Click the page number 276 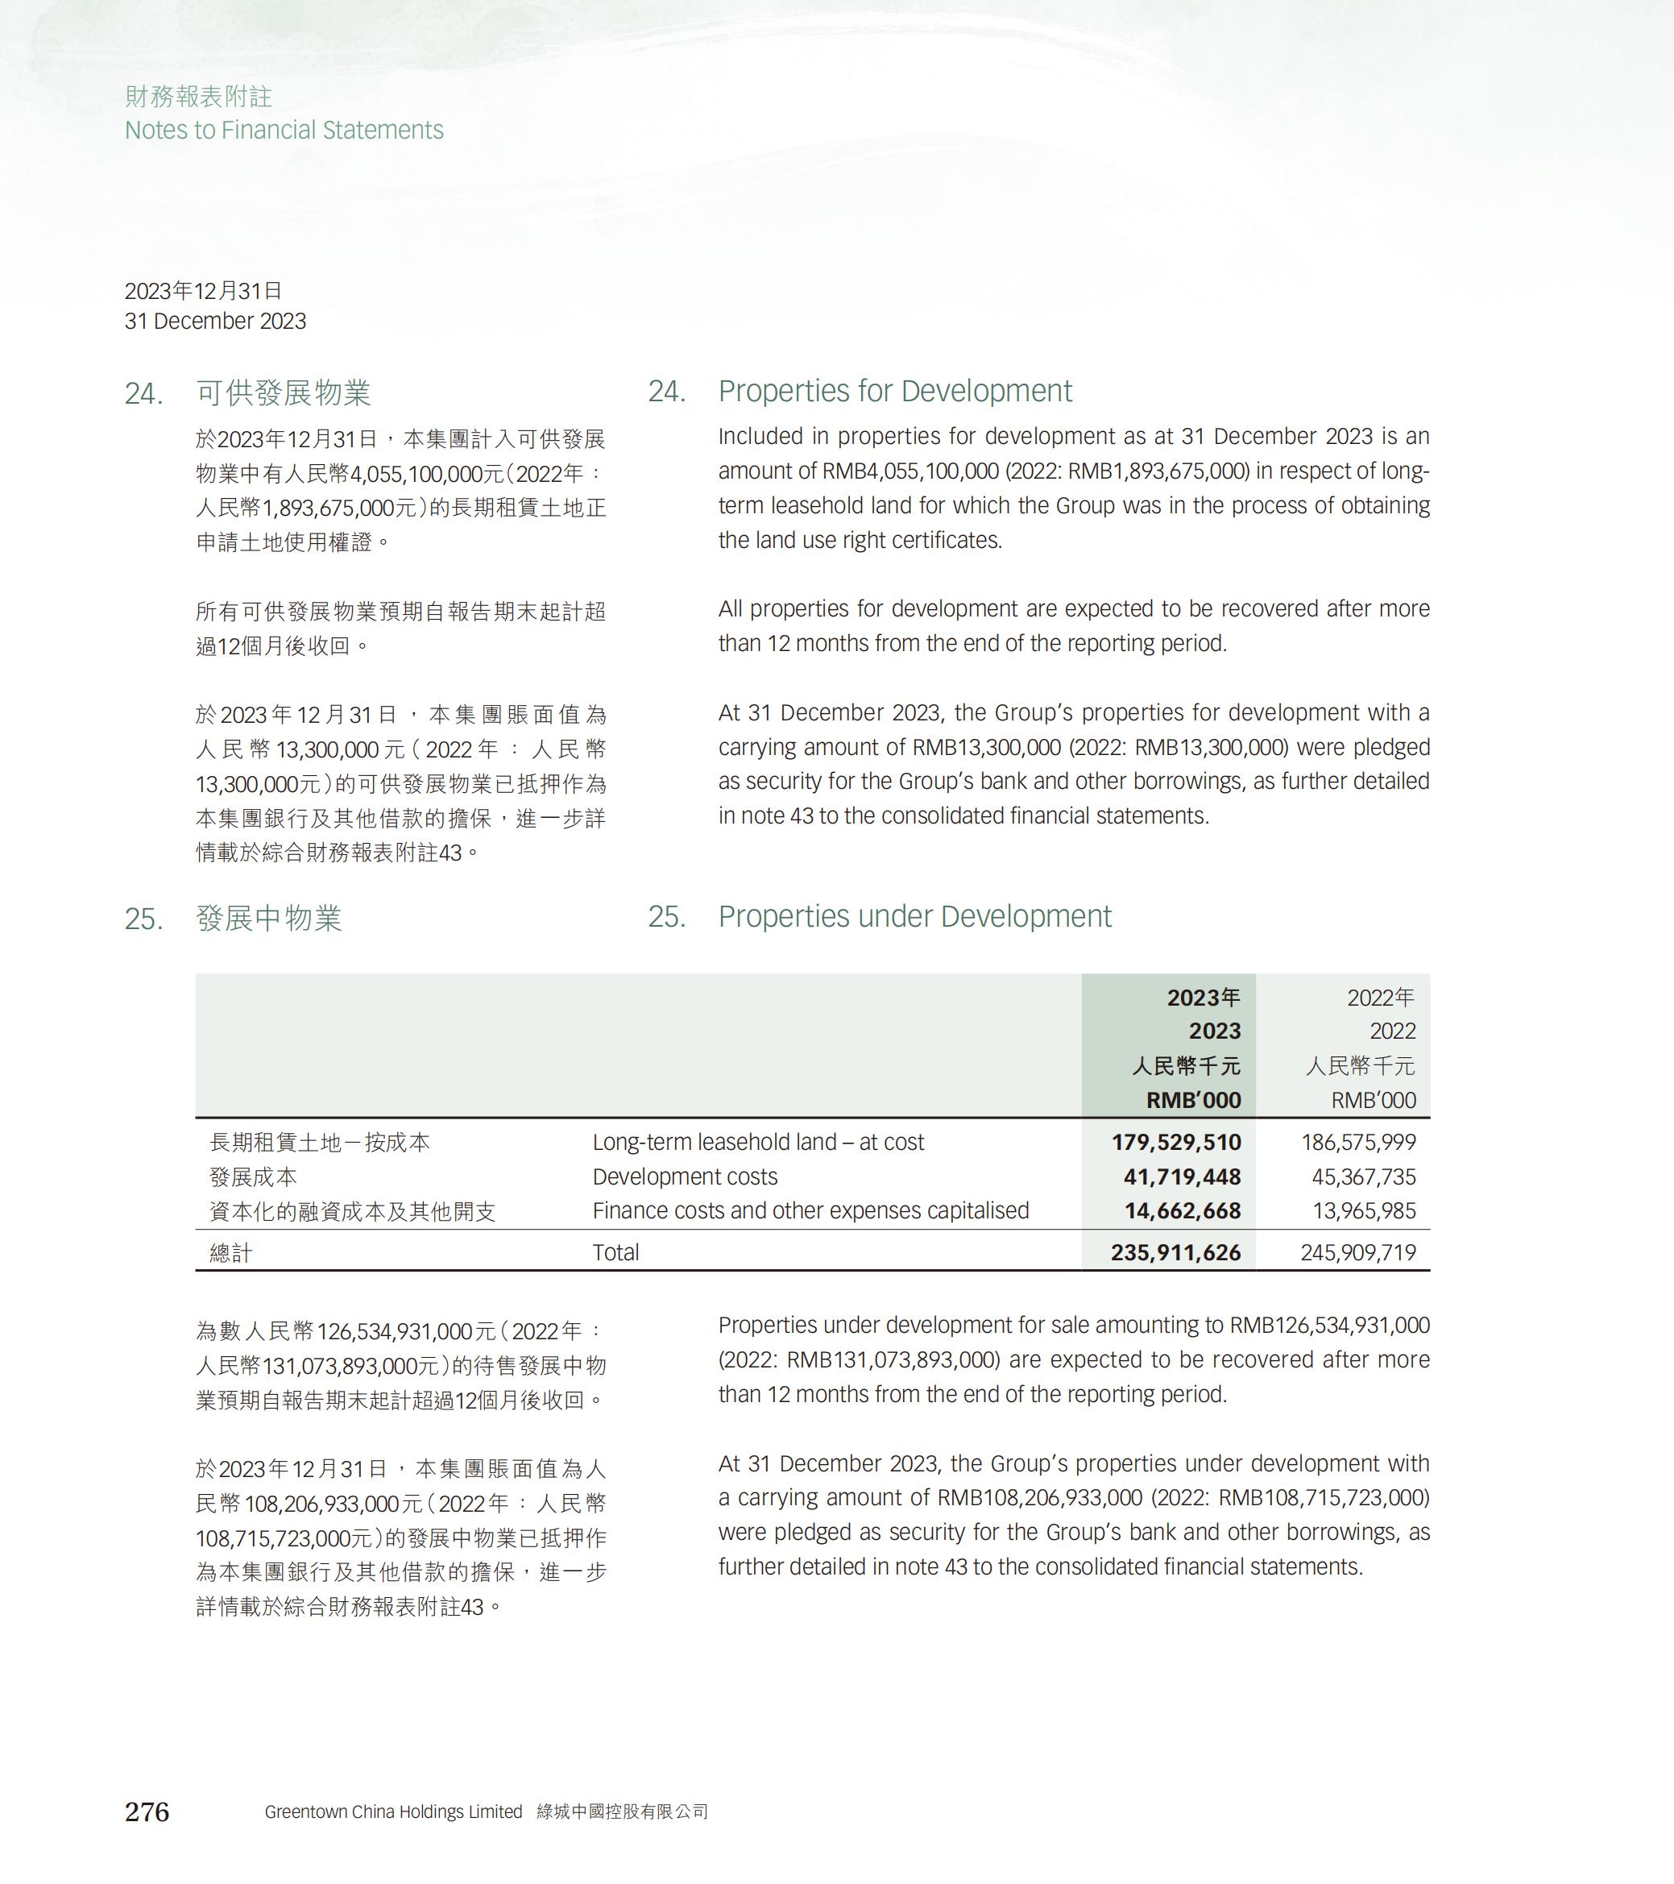(x=147, y=1811)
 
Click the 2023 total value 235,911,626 (x=1175, y=1251)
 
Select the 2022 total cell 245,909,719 (x=1358, y=1251)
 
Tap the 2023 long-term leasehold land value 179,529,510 (x=1175, y=1142)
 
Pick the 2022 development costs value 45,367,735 (x=1364, y=1176)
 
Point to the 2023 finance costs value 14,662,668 (x=1182, y=1210)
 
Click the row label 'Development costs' (x=685, y=1176)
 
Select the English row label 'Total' (x=615, y=1251)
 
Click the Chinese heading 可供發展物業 (x=283, y=392)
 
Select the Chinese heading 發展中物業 (x=268, y=918)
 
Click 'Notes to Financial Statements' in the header (x=284, y=130)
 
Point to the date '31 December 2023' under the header (x=216, y=321)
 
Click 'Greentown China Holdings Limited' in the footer (x=393, y=1811)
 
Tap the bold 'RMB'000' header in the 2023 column (x=1193, y=1100)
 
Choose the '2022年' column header (x=1380, y=998)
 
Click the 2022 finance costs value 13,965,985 (x=1364, y=1210)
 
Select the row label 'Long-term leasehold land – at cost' (x=757, y=1142)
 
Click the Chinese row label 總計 (x=230, y=1252)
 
